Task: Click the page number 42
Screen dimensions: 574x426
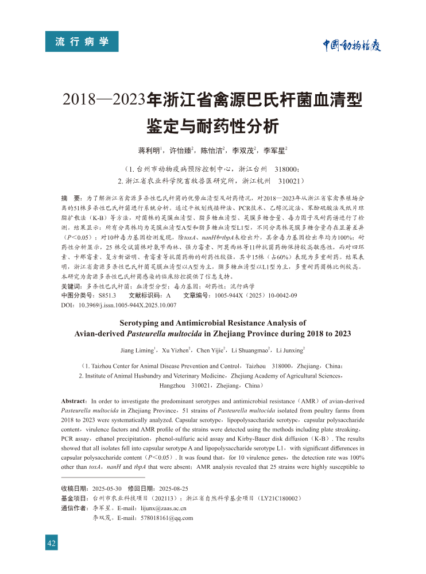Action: point(52,544)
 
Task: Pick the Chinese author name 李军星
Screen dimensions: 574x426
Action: point(274,151)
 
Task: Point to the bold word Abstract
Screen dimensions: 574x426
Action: point(73,400)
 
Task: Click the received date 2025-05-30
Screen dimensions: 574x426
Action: point(107,488)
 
